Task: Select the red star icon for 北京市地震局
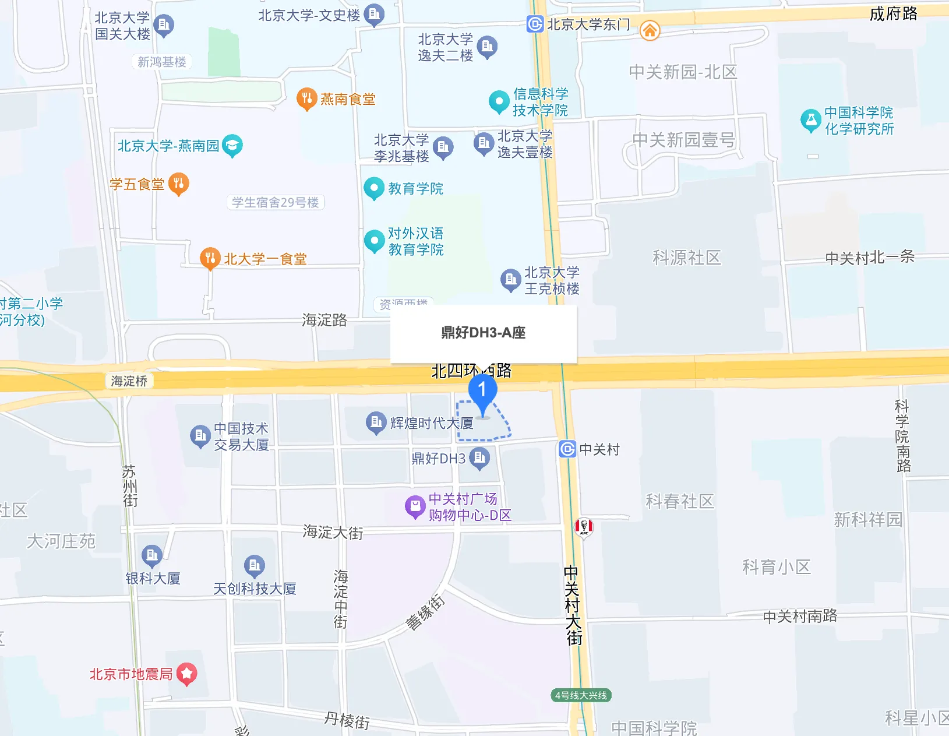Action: pos(186,674)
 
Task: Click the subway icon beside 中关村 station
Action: pos(567,449)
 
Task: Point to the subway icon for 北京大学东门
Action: pos(535,24)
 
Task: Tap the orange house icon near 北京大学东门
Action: pos(650,30)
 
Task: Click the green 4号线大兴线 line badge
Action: pos(581,695)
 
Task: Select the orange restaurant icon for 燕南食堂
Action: pos(306,99)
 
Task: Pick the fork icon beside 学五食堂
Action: pos(178,184)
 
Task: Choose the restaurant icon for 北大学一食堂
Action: pos(210,258)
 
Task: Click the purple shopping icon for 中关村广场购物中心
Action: pos(415,506)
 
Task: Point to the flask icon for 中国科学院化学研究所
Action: pos(810,120)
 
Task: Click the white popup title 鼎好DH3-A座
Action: pos(483,333)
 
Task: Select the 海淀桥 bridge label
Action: pos(129,381)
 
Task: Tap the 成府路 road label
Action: pos(893,14)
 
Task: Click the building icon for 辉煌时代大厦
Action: pos(376,422)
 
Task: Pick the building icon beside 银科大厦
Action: pos(152,556)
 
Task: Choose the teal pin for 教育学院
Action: pos(373,188)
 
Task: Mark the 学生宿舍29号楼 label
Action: pos(275,202)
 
